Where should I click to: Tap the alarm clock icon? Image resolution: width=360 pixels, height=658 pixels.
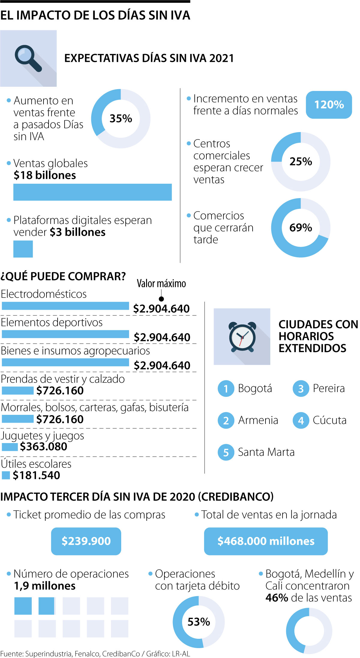coord(242,337)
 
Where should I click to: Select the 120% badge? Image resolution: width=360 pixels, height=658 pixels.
coord(329,105)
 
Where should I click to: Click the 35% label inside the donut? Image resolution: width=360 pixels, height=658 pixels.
coord(121,119)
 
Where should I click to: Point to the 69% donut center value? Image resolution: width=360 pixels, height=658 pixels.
coord(301,228)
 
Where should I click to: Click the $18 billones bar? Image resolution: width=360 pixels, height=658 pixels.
coord(92,192)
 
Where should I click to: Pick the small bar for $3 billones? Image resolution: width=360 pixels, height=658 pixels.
coord(23,249)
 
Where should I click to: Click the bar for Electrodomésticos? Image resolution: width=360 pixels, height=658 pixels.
coord(65,306)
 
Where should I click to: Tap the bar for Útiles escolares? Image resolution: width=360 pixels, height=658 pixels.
coord(6,475)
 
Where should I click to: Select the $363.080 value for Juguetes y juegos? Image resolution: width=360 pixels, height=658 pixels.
coord(43,447)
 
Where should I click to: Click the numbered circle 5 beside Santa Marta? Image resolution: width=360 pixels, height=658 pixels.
coord(226,452)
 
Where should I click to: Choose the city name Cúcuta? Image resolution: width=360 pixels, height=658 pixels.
coord(329,420)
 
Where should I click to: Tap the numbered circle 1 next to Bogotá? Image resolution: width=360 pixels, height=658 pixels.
coord(226,389)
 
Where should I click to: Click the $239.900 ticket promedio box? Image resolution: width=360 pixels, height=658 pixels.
coord(86,541)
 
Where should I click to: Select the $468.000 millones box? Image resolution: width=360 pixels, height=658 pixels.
coord(266,541)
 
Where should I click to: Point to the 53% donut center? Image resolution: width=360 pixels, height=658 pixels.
coord(199,621)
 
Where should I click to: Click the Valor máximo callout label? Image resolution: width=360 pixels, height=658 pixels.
coord(161,284)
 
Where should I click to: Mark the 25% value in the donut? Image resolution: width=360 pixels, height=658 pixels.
coord(301,161)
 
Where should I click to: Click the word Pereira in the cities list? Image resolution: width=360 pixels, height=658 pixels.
coord(328,388)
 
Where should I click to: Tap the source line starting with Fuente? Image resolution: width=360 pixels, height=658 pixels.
coord(95,653)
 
